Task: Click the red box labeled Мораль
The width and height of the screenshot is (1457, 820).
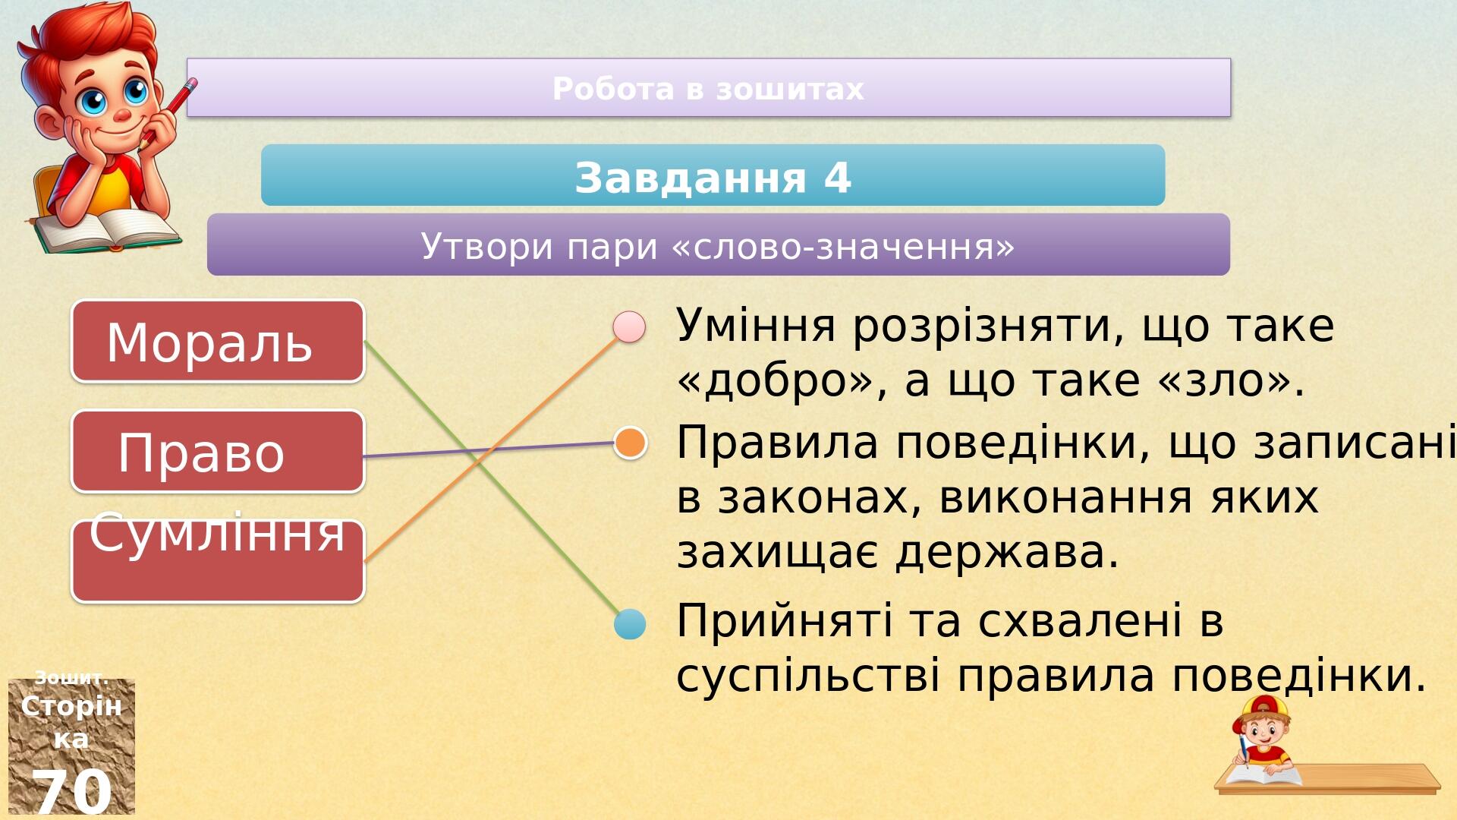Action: coord(219,341)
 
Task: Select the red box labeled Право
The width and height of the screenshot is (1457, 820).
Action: coord(219,451)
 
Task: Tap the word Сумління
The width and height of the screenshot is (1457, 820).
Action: coord(218,531)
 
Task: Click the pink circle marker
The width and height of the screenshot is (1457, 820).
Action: coord(629,326)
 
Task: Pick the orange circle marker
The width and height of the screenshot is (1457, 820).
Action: coord(630,443)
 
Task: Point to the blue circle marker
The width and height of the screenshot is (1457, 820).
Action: coord(630,624)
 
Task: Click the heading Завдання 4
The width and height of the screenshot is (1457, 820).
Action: coord(713,178)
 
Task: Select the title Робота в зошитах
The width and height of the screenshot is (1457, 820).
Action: coord(708,89)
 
